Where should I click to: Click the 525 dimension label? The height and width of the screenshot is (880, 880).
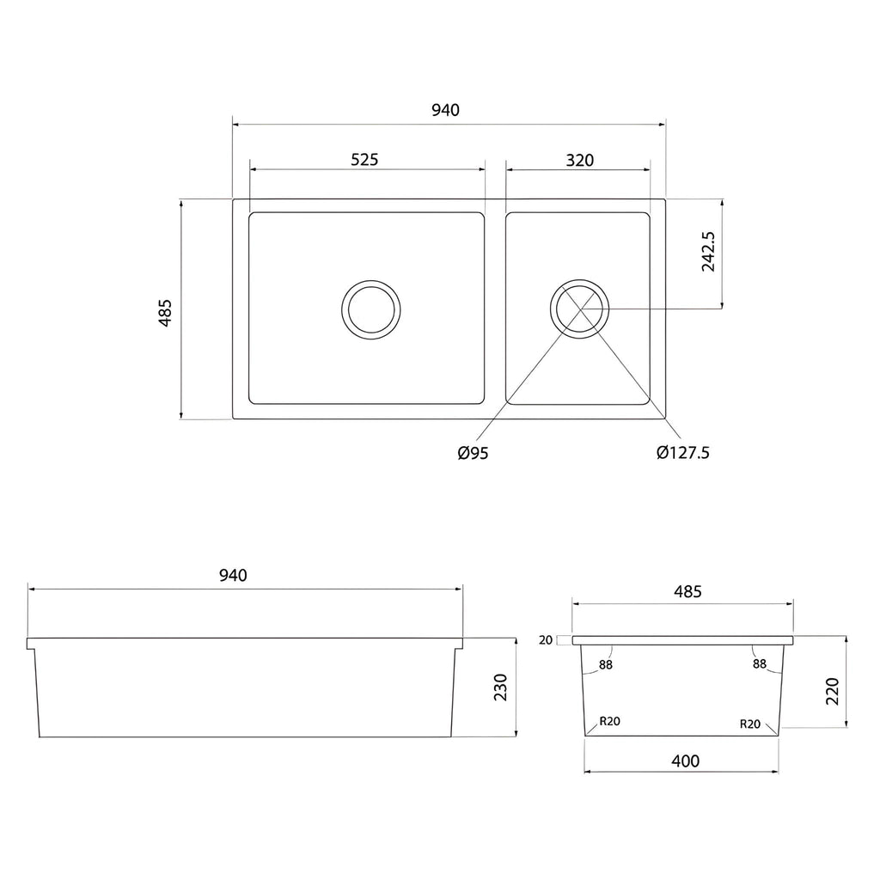coord(364,160)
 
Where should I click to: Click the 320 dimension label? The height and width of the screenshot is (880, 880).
coord(580,161)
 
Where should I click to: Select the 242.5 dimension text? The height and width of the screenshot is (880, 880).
coord(708,252)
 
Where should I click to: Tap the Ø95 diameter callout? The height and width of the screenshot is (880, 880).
coord(474,453)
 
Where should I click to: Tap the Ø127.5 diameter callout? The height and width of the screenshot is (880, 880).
coord(683,452)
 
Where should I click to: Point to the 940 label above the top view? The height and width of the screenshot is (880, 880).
coord(446,110)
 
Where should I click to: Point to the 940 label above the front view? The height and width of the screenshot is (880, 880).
coord(233,575)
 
